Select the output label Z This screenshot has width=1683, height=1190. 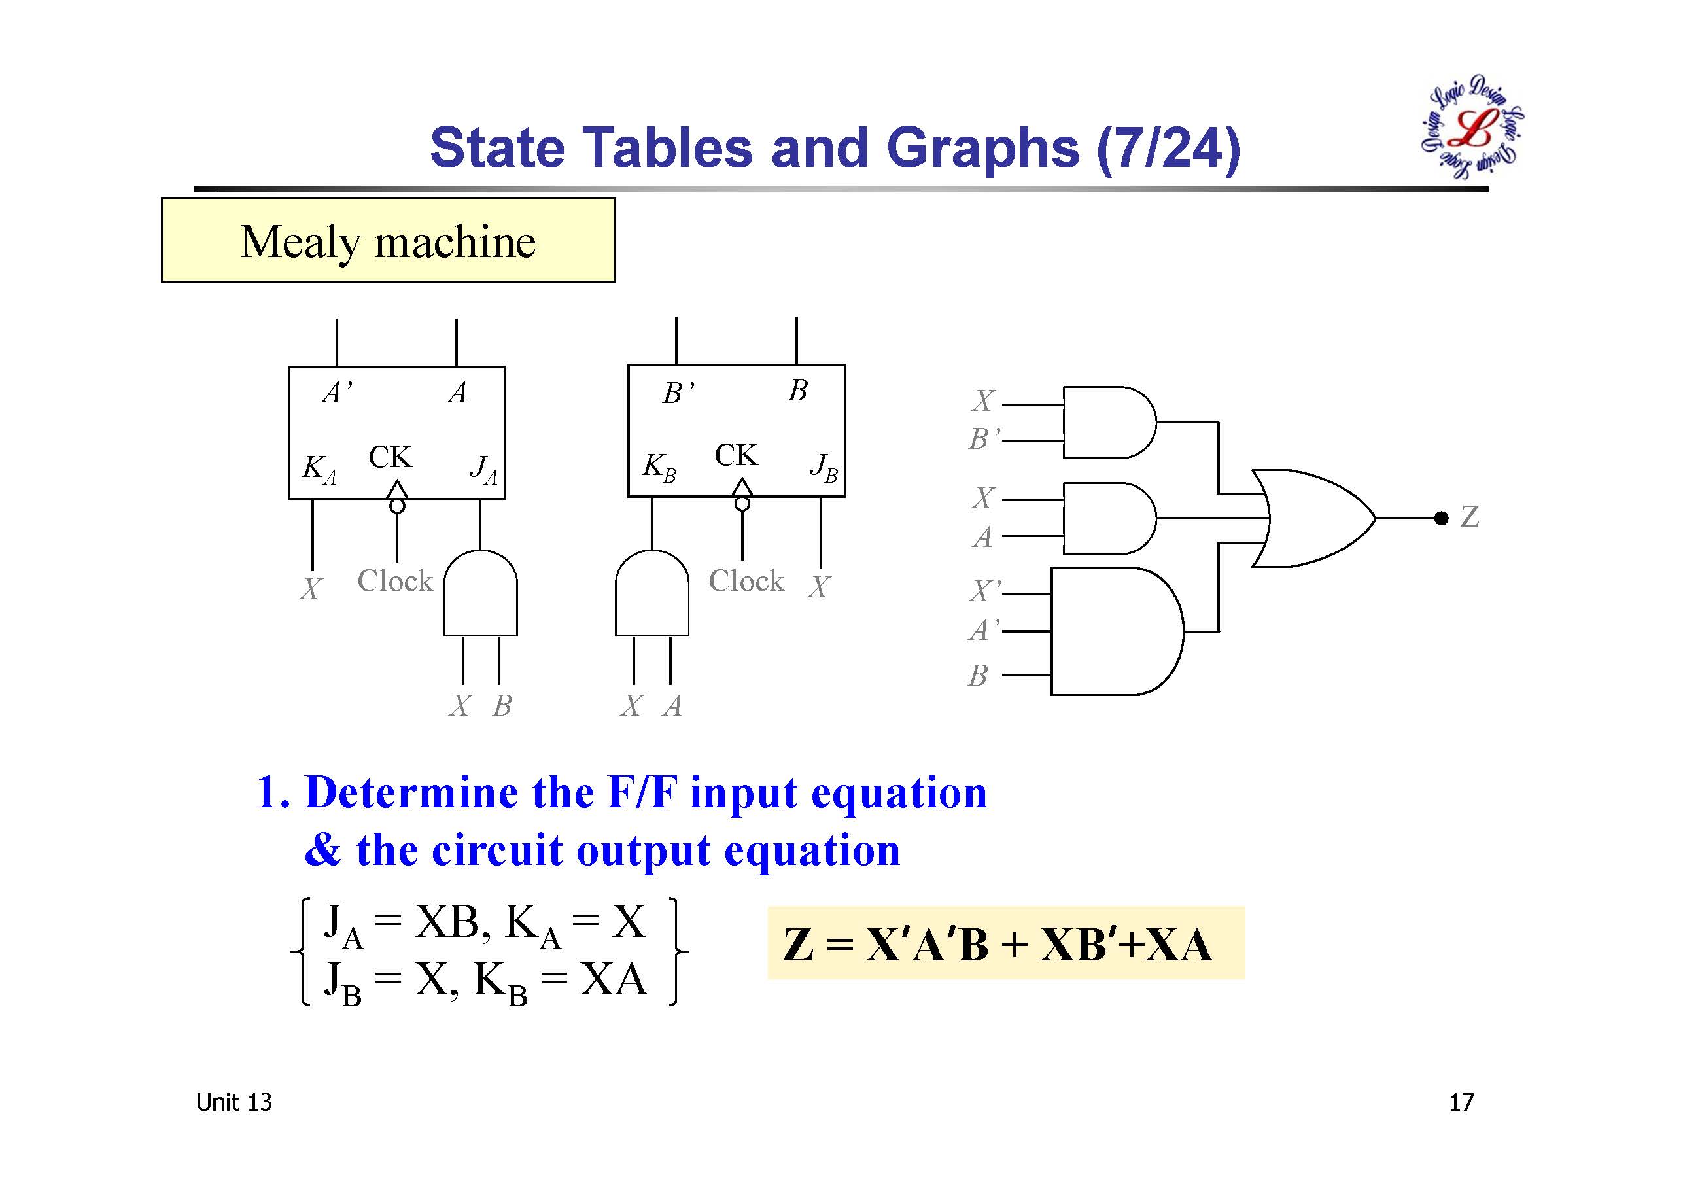tap(1469, 517)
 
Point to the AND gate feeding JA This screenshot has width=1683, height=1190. tap(480, 594)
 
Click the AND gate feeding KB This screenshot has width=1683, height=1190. tap(651, 594)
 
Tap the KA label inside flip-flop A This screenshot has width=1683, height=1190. tap(319, 468)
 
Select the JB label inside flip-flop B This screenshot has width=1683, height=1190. tap(823, 467)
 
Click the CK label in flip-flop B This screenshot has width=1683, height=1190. tap(735, 455)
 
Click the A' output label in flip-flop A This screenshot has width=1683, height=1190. tap(336, 393)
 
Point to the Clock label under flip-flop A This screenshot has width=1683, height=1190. tap(394, 582)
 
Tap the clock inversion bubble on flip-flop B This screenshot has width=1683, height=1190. tap(742, 504)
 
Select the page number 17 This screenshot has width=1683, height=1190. tap(1460, 1103)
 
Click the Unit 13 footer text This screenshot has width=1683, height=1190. tap(234, 1103)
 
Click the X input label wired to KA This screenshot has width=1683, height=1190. tap(311, 589)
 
